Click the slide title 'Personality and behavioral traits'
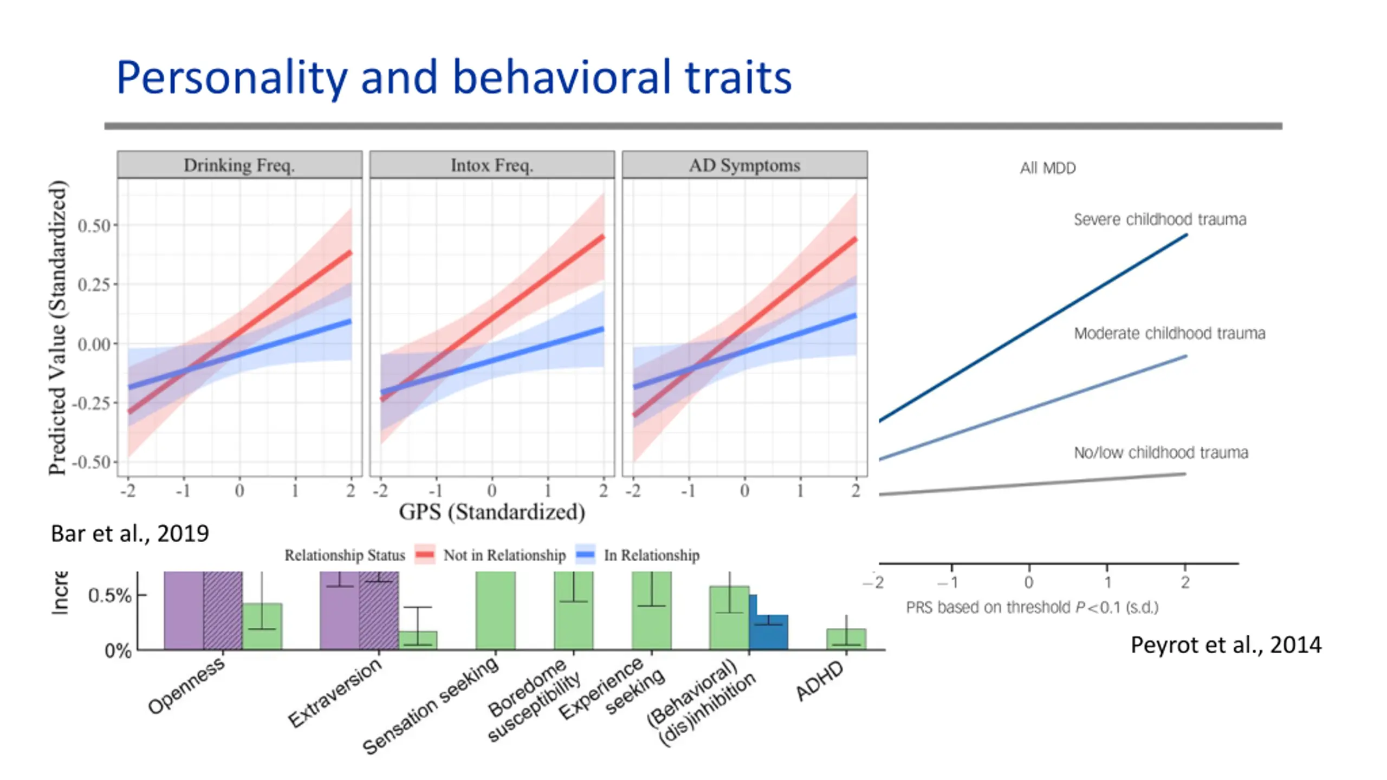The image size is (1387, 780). pyautogui.click(x=454, y=77)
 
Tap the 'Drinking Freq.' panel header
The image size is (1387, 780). pyautogui.click(x=239, y=165)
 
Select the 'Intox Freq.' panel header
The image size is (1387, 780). pyautogui.click(x=492, y=165)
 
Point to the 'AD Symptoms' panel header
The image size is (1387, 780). pyautogui.click(x=744, y=165)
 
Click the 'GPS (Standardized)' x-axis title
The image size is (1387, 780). pyautogui.click(x=492, y=512)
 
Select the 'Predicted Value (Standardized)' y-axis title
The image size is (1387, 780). pyautogui.click(x=57, y=328)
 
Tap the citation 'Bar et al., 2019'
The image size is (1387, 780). pyautogui.click(x=130, y=534)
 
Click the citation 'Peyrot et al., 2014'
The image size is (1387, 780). pyautogui.click(x=1226, y=645)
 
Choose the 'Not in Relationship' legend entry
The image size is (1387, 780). pyautogui.click(x=504, y=555)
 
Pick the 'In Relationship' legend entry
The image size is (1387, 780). pyautogui.click(x=651, y=555)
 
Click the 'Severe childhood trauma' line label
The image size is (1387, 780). pyautogui.click(x=1159, y=219)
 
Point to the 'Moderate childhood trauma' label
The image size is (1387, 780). pyautogui.click(x=1169, y=333)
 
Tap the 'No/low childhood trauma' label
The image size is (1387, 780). pyautogui.click(x=1161, y=452)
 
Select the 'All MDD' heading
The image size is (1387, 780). pyautogui.click(x=1047, y=168)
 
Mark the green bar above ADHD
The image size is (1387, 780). pyautogui.click(x=846, y=639)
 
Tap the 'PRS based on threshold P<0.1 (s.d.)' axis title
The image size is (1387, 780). pyautogui.click(x=1032, y=607)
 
